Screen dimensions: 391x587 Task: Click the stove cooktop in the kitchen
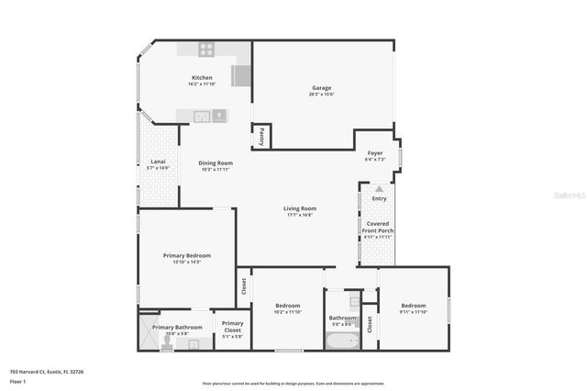pyautogui.click(x=207, y=50)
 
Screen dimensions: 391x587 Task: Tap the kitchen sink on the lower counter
pyautogui.click(x=219, y=116)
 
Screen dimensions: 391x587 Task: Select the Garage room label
pyautogui.click(x=321, y=88)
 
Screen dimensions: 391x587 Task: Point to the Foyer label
pyautogui.click(x=375, y=153)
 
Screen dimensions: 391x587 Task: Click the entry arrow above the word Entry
pyautogui.click(x=379, y=189)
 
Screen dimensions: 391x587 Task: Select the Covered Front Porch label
pyautogui.click(x=379, y=227)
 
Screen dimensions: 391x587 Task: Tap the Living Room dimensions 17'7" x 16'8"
pyautogui.click(x=299, y=215)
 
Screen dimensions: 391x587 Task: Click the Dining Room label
pyautogui.click(x=216, y=163)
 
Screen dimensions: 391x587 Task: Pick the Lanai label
pyautogui.click(x=158, y=162)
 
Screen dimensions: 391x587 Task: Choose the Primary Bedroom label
pyautogui.click(x=187, y=255)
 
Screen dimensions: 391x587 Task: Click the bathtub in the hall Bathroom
pyautogui.click(x=342, y=340)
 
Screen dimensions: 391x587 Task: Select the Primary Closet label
pyautogui.click(x=232, y=324)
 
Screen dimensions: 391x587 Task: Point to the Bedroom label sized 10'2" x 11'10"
pyautogui.click(x=288, y=305)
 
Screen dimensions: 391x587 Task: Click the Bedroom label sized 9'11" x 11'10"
pyautogui.click(x=413, y=305)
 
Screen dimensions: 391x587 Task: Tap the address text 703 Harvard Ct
pyautogui.click(x=46, y=372)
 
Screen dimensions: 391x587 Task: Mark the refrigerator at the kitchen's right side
pyautogui.click(x=242, y=75)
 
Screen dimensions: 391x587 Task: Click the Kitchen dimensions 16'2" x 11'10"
pyautogui.click(x=202, y=84)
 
